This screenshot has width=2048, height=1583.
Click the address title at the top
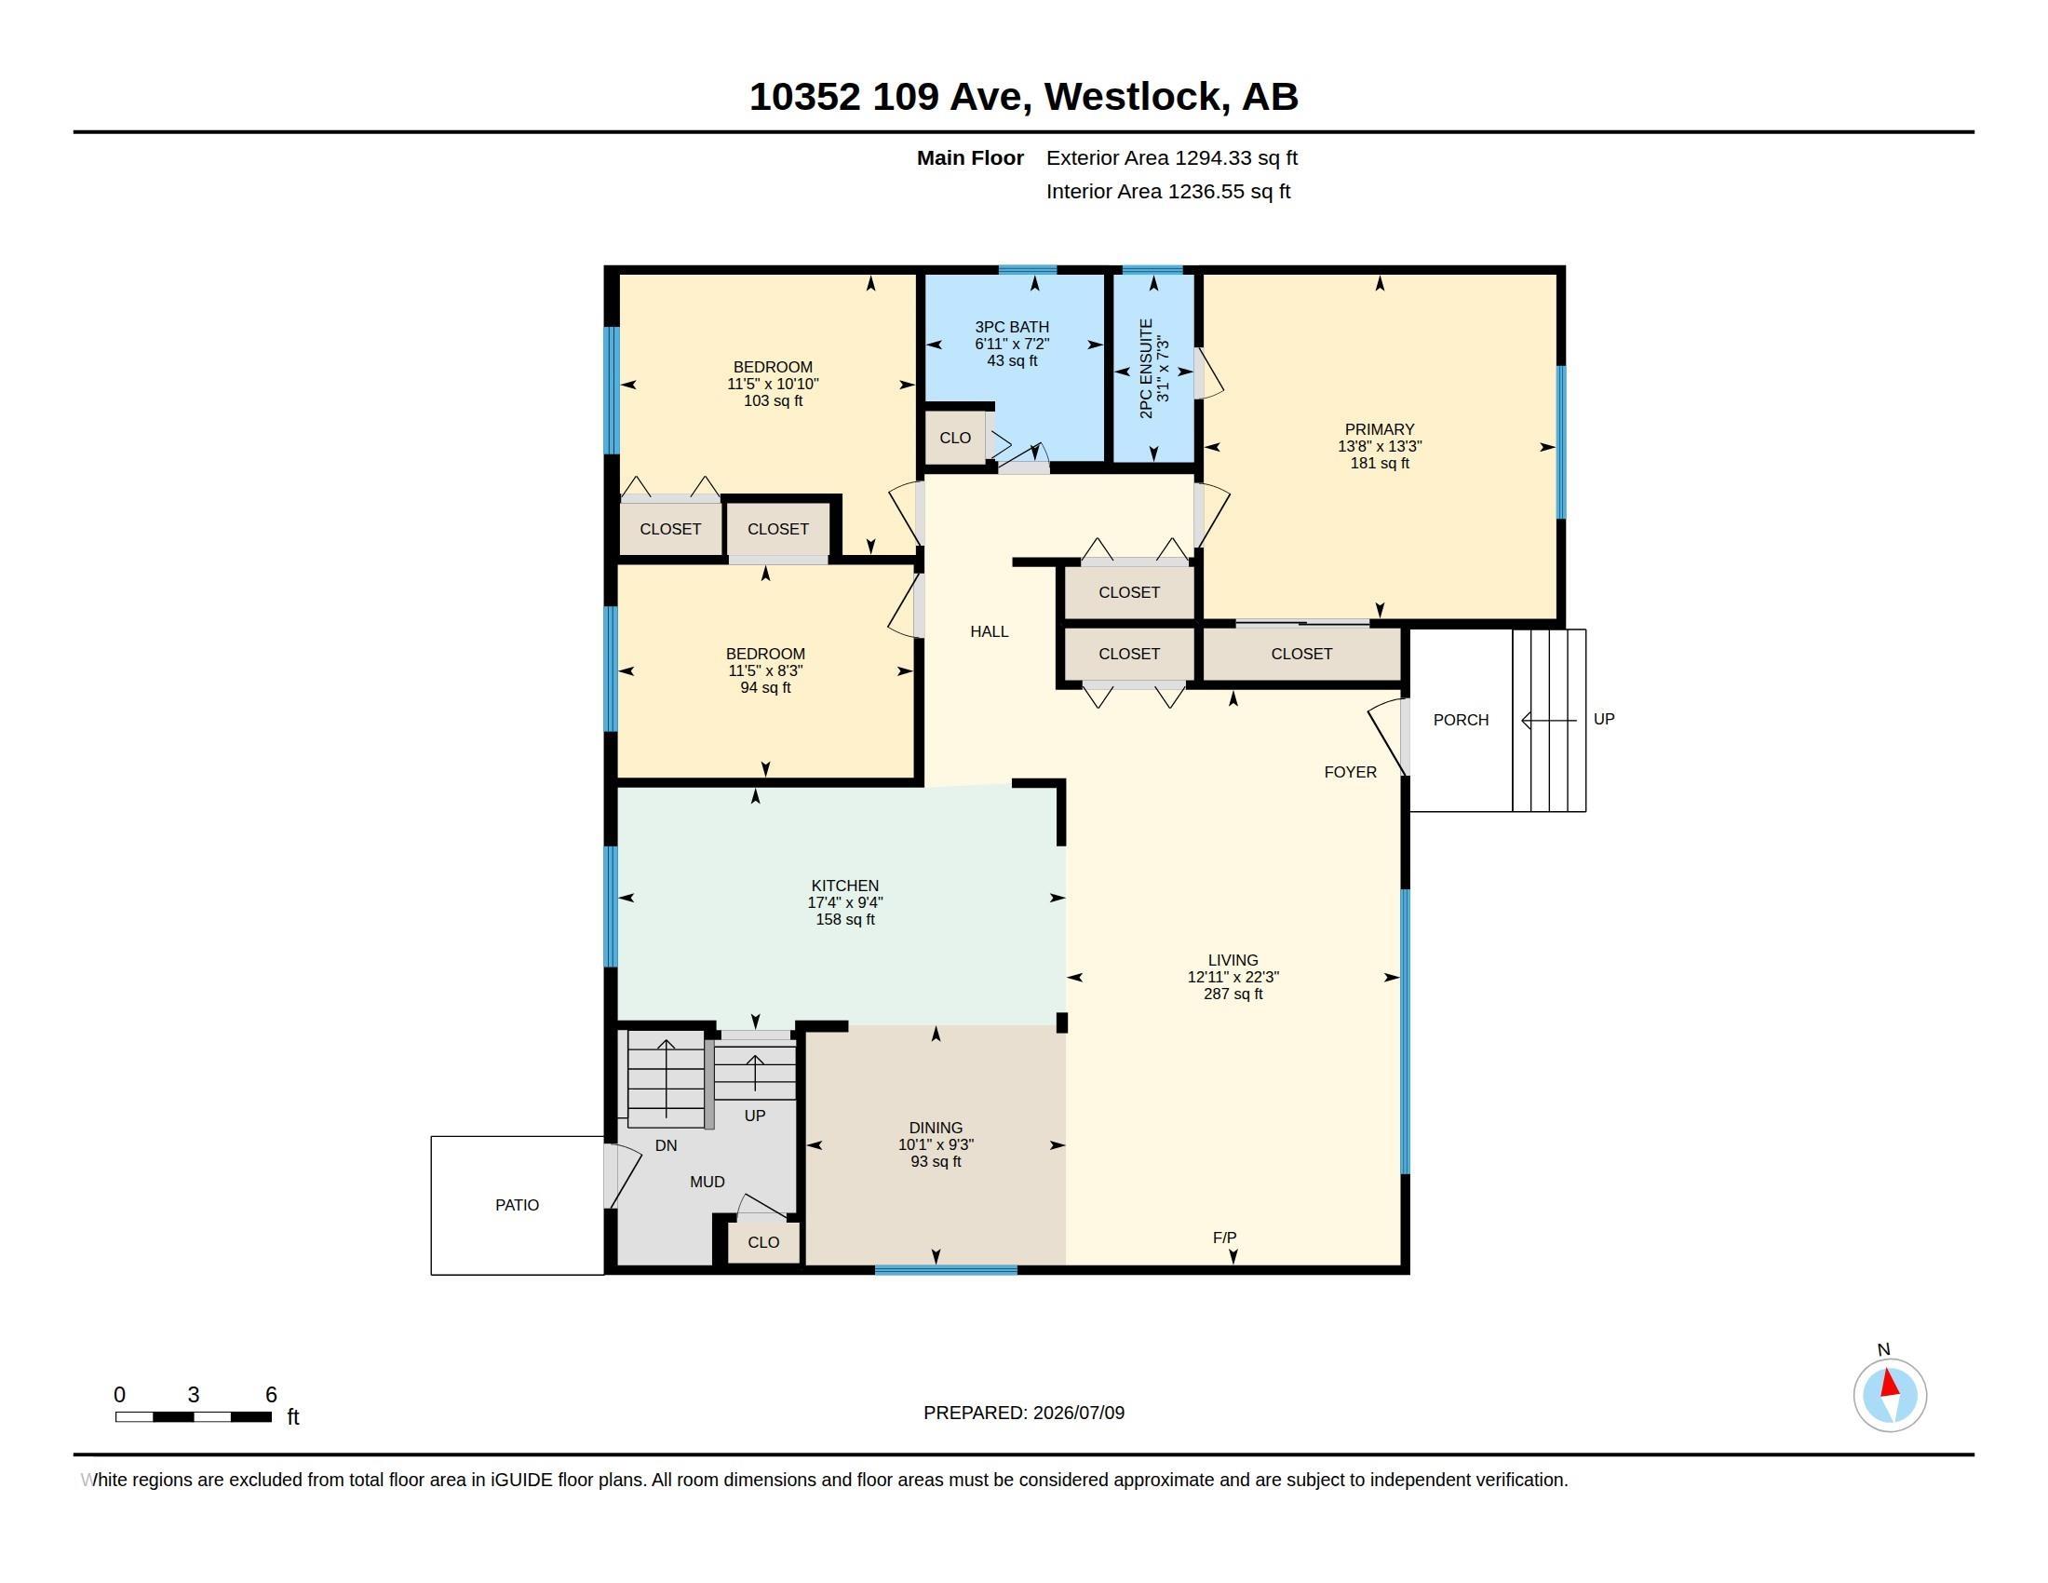pyautogui.click(x=1023, y=97)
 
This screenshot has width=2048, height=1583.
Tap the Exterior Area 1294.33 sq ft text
pyautogui.click(x=1171, y=158)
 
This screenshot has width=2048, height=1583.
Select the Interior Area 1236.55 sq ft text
pyautogui.click(x=1167, y=191)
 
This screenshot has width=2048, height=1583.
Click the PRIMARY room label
pyautogui.click(x=1379, y=429)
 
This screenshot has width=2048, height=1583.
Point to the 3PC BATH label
pyautogui.click(x=1012, y=327)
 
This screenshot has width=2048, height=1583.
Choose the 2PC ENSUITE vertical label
pyautogui.click(x=1146, y=368)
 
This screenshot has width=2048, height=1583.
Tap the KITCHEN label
pyautogui.click(x=845, y=886)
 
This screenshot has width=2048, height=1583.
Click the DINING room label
pyautogui.click(x=936, y=1128)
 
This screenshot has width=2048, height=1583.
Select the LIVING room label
pyautogui.click(x=1233, y=959)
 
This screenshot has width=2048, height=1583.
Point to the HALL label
pyautogui.click(x=990, y=632)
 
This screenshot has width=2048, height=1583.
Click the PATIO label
pyautogui.click(x=517, y=1205)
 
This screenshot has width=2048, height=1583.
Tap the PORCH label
pyautogui.click(x=1461, y=720)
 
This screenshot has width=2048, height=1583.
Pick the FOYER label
pyautogui.click(x=1351, y=772)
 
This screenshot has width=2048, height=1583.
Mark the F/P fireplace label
pyautogui.click(x=1225, y=1238)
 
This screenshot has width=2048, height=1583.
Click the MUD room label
pyautogui.click(x=707, y=1182)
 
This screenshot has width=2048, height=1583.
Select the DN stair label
pyautogui.click(x=666, y=1145)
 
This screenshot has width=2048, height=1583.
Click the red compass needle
pyautogui.click(x=1890, y=1384)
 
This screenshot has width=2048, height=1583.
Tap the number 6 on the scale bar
pyautogui.click(x=271, y=1395)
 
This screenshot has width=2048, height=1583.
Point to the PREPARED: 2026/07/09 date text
pyautogui.click(x=1024, y=1413)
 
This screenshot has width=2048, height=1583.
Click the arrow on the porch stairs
pyautogui.click(x=1549, y=720)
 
